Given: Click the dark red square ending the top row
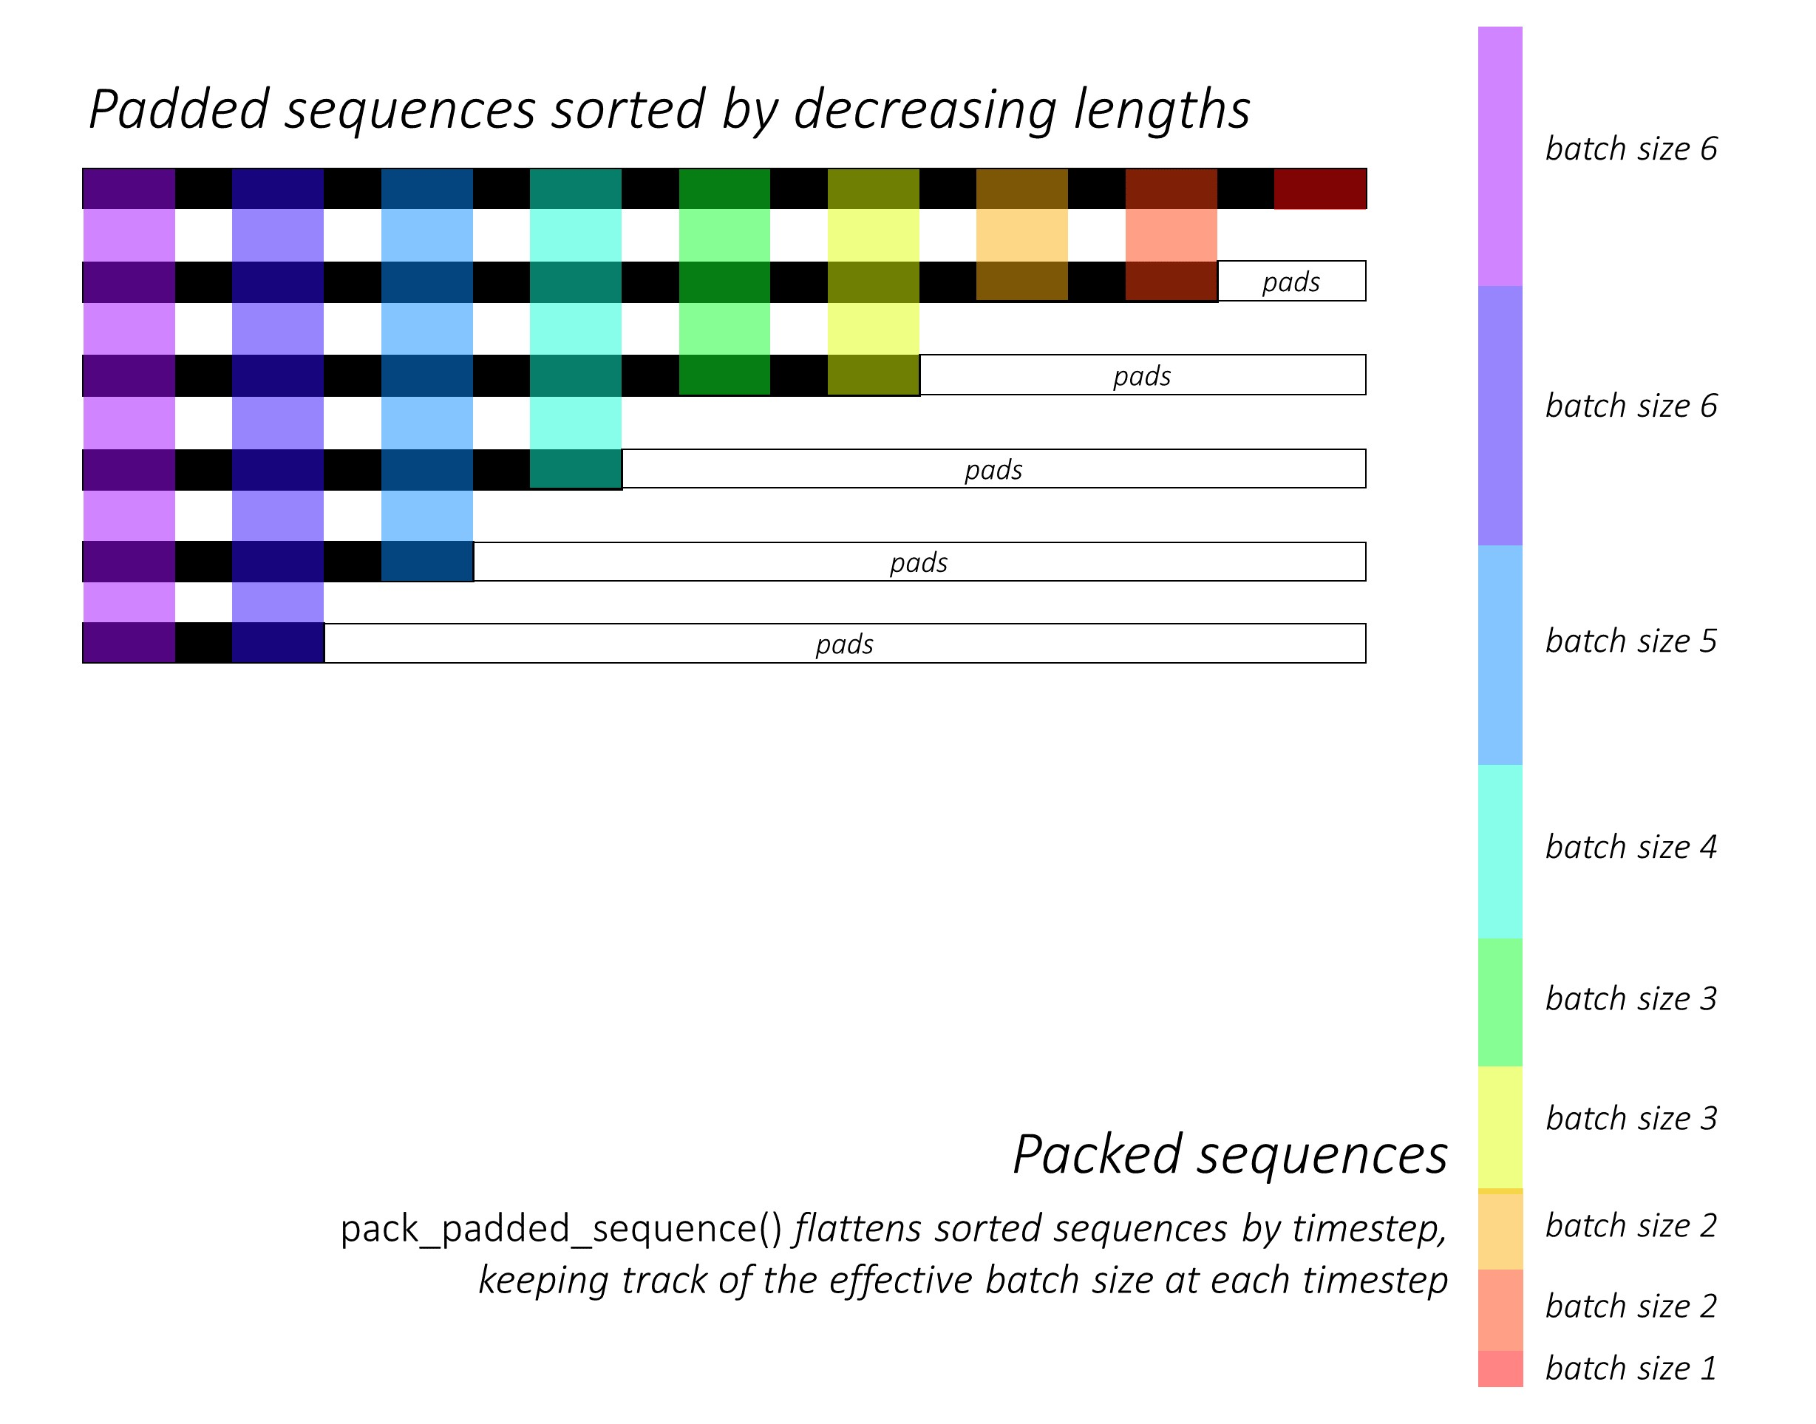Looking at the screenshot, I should (1320, 188).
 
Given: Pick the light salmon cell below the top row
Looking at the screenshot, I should (1171, 235).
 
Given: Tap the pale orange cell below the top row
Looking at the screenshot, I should (1021, 235).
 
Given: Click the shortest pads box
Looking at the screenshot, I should (1291, 282).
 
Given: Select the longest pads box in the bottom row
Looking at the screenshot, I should (844, 644).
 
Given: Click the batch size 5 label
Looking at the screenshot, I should (1631, 641).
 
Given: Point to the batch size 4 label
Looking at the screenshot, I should (1631, 847).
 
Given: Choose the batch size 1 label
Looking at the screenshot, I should (1631, 1368).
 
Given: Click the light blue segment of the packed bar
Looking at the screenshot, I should (1500, 655).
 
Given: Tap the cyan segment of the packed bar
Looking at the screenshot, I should (1500, 851).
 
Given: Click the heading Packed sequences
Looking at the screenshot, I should (1230, 1156).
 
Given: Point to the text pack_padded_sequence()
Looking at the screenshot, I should (561, 1230).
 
